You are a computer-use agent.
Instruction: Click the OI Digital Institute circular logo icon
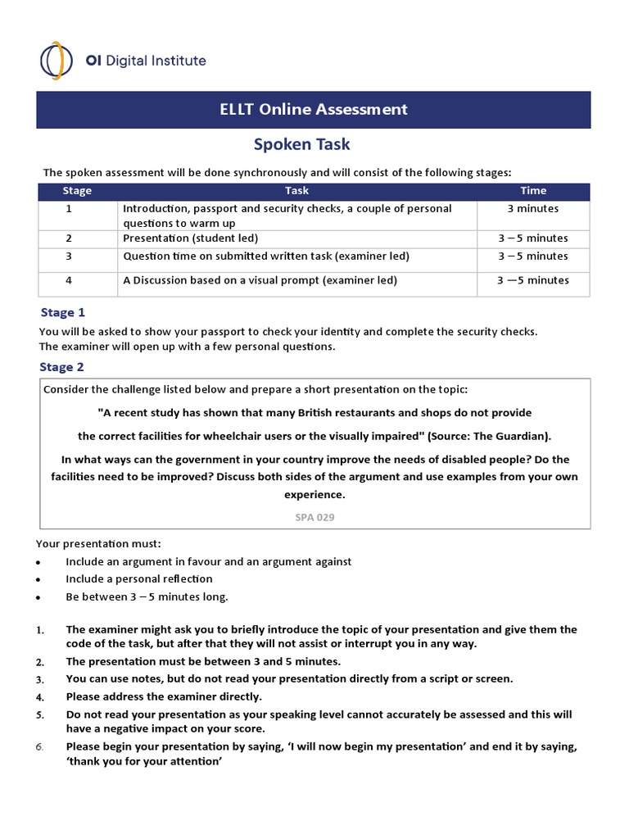[56, 61]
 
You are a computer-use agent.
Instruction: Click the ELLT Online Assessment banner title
[314, 109]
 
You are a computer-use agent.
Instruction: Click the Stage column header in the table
[77, 191]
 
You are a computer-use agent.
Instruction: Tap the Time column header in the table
[533, 191]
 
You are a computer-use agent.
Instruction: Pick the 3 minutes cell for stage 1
[533, 209]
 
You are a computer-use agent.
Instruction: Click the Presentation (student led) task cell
[191, 238]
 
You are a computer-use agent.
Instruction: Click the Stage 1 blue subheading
[63, 312]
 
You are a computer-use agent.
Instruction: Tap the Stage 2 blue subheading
[63, 367]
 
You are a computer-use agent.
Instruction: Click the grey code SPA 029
[314, 517]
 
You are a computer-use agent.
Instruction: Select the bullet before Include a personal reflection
[40, 579]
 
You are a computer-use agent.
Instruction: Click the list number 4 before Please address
[40, 697]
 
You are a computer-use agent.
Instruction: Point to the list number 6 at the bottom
[40, 746]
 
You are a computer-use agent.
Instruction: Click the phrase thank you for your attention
[145, 761]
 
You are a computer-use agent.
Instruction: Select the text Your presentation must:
[99, 543]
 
